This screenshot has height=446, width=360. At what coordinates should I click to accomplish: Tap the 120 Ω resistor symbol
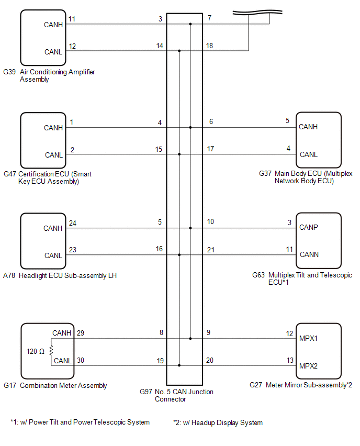[x=51, y=350]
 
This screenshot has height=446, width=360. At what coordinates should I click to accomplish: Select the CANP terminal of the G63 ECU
[x=308, y=228]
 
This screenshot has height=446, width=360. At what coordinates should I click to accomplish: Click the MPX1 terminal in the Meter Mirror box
[x=309, y=338]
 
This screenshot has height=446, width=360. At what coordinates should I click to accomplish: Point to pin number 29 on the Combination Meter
[x=80, y=333]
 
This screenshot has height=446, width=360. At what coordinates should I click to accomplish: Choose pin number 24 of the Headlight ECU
[x=73, y=223]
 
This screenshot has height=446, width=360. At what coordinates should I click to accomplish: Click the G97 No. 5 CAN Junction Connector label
[x=176, y=395]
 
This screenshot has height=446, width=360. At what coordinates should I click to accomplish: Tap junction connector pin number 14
[x=160, y=46]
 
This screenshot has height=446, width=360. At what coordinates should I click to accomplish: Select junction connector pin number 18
[x=210, y=46]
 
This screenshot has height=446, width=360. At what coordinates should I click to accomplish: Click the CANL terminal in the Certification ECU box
[x=54, y=155]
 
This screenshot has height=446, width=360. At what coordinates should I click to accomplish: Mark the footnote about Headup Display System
[x=218, y=422]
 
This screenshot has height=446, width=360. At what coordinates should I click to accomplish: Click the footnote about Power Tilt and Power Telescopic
[x=80, y=422]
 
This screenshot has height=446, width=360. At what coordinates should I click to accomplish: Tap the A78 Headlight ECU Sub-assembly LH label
[x=60, y=275]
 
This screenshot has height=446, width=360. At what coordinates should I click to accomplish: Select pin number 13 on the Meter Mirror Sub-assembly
[x=289, y=360]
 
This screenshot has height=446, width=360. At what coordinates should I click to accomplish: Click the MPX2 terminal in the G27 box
[x=309, y=365]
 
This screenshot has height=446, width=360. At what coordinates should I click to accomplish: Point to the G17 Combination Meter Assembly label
[x=55, y=386]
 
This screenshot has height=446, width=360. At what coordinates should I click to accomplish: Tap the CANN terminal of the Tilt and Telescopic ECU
[x=309, y=255]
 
